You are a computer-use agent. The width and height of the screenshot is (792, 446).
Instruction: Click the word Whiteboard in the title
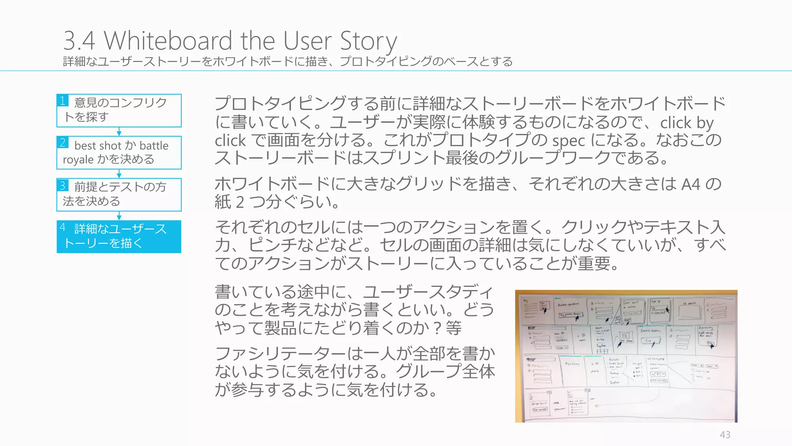[x=169, y=40]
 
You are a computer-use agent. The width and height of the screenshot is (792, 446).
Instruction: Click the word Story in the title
[x=368, y=41]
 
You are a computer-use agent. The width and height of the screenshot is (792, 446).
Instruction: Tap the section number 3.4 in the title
[x=79, y=40]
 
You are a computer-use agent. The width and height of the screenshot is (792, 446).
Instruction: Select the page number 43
[x=725, y=435]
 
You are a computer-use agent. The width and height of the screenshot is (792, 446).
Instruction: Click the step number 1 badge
[x=63, y=101]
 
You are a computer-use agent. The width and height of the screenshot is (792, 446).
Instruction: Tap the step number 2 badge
[x=63, y=142]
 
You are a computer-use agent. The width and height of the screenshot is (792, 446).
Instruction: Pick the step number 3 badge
[x=63, y=185]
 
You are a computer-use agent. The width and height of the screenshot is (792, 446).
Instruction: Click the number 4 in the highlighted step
[x=63, y=227]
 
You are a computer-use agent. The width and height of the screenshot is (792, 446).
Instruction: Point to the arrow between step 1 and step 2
[x=119, y=132]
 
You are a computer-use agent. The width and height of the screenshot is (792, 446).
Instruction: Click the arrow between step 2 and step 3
[x=119, y=174]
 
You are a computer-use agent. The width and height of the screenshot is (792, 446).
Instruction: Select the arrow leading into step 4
[x=119, y=216]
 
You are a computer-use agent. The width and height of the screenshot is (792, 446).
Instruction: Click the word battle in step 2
[x=154, y=146]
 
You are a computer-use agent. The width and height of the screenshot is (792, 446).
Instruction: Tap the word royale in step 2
[x=78, y=160]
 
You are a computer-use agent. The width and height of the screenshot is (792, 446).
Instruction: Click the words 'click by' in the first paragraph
[x=686, y=123]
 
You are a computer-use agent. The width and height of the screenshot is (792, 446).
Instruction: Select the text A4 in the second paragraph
[x=690, y=184]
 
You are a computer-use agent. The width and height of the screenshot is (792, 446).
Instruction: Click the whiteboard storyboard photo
[x=626, y=356]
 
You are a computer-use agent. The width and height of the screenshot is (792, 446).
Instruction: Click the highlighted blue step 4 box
[x=119, y=237]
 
